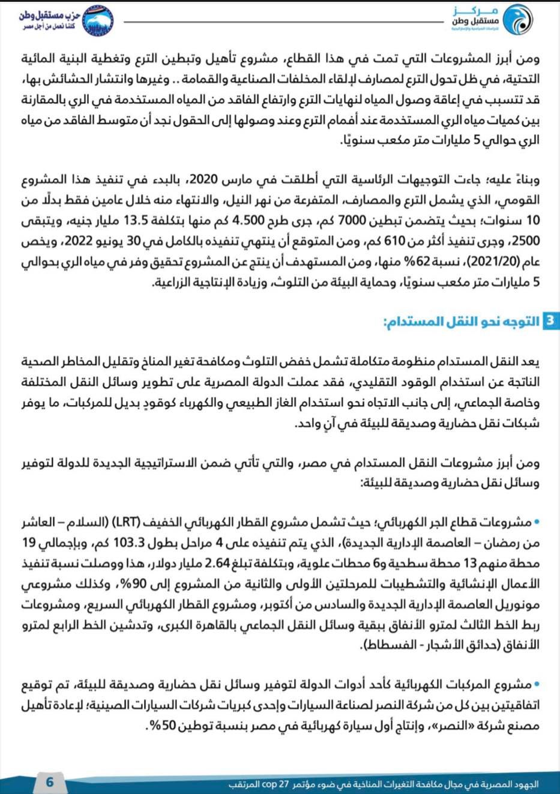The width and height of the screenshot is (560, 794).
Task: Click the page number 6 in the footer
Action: [x=50, y=781]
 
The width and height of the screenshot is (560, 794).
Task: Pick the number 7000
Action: [x=345, y=220]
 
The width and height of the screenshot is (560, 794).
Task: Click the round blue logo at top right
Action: [x=518, y=19]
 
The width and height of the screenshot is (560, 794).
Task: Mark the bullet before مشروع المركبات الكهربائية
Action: [x=537, y=684]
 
